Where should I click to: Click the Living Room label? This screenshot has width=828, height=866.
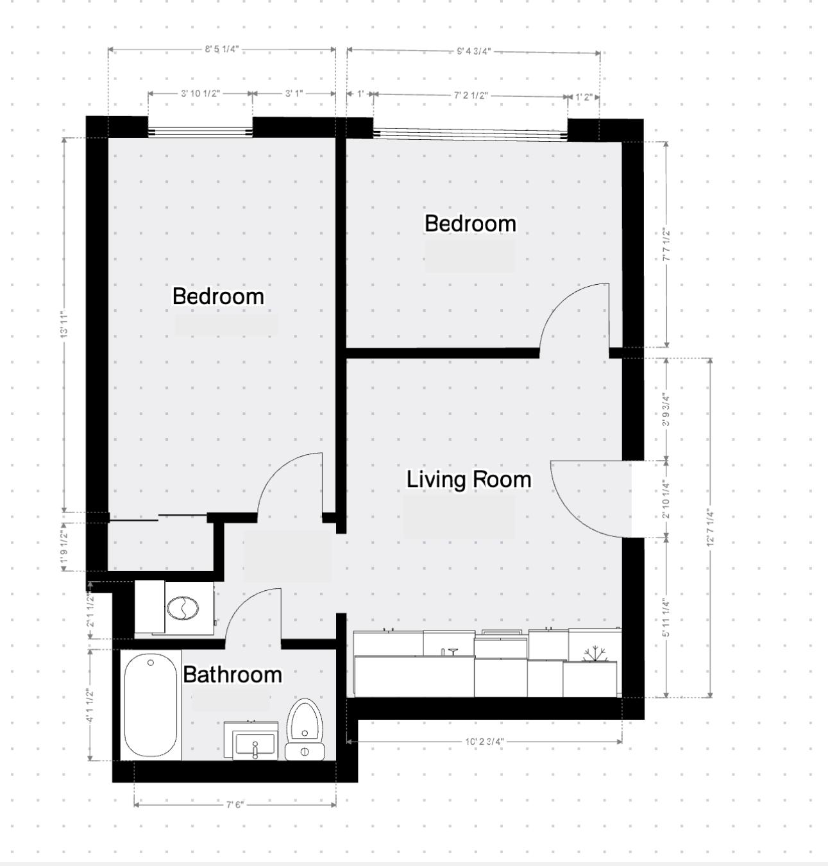coord(469,480)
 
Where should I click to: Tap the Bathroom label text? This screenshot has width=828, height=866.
coord(232,675)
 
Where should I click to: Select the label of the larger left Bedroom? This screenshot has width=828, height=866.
coord(218,296)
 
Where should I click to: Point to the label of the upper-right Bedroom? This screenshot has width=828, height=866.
coord(470,224)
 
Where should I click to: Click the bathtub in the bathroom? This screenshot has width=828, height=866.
coord(151,706)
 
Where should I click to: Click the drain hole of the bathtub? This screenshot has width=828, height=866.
coord(151,663)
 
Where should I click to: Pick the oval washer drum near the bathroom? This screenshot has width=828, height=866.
coord(183,607)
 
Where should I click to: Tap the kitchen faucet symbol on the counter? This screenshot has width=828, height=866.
coord(452,651)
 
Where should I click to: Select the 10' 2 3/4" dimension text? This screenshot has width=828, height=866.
coord(484,742)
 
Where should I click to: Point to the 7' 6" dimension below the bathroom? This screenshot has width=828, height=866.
coord(235,804)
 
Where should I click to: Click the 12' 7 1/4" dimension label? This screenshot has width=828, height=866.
coord(710,527)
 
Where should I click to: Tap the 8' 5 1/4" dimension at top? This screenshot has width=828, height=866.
coord(221,49)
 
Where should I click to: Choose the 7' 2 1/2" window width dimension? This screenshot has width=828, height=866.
coord(471,96)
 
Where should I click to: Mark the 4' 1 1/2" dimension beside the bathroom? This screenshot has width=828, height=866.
coord(90,705)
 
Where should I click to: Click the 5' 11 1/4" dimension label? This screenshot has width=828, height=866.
coord(666,618)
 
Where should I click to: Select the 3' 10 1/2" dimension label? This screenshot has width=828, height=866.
coord(200,94)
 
